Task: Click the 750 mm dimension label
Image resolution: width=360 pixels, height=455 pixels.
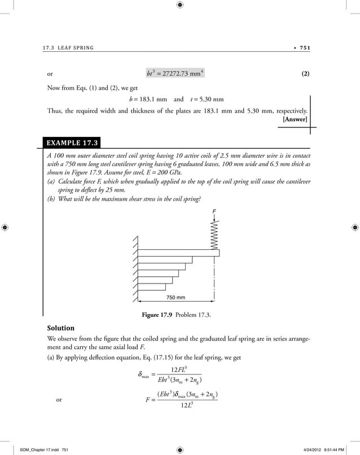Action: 176,297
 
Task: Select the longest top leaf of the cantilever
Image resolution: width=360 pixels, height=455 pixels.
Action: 178,253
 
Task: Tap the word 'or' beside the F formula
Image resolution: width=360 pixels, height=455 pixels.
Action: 60,400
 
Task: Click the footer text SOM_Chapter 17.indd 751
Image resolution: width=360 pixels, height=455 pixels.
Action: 36,449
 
